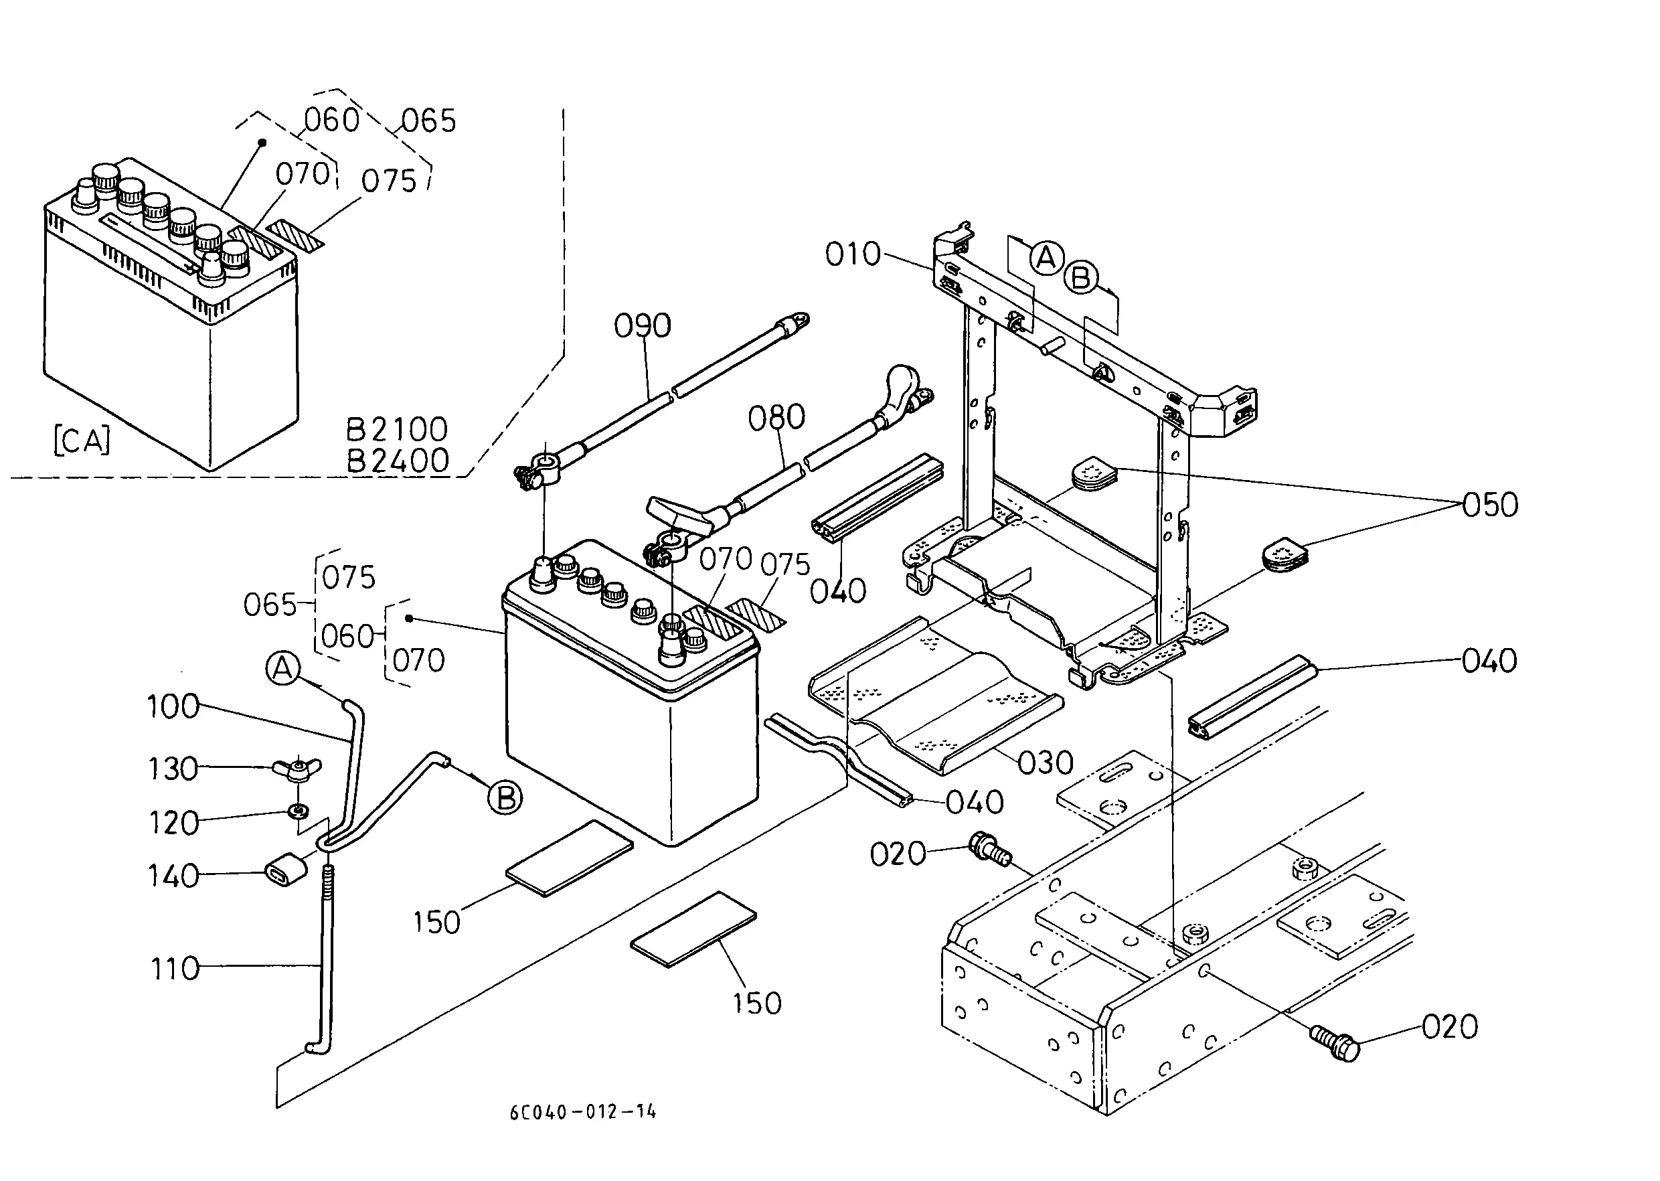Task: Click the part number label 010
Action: tap(853, 254)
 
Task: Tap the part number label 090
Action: tap(642, 326)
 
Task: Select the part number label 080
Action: tap(776, 417)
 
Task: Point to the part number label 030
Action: tap(1046, 763)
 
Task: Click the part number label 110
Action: tap(175, 969)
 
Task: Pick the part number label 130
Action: tap(173, 769)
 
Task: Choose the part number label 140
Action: tap(173, 876)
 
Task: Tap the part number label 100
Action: tap(173, 706)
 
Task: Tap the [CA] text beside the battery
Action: tap(82, 441)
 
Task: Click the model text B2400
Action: tap(397, 461)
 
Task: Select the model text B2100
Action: tap(396, 430)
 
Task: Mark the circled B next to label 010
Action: tap(1081, 278)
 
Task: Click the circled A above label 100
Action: tap(283, 668)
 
